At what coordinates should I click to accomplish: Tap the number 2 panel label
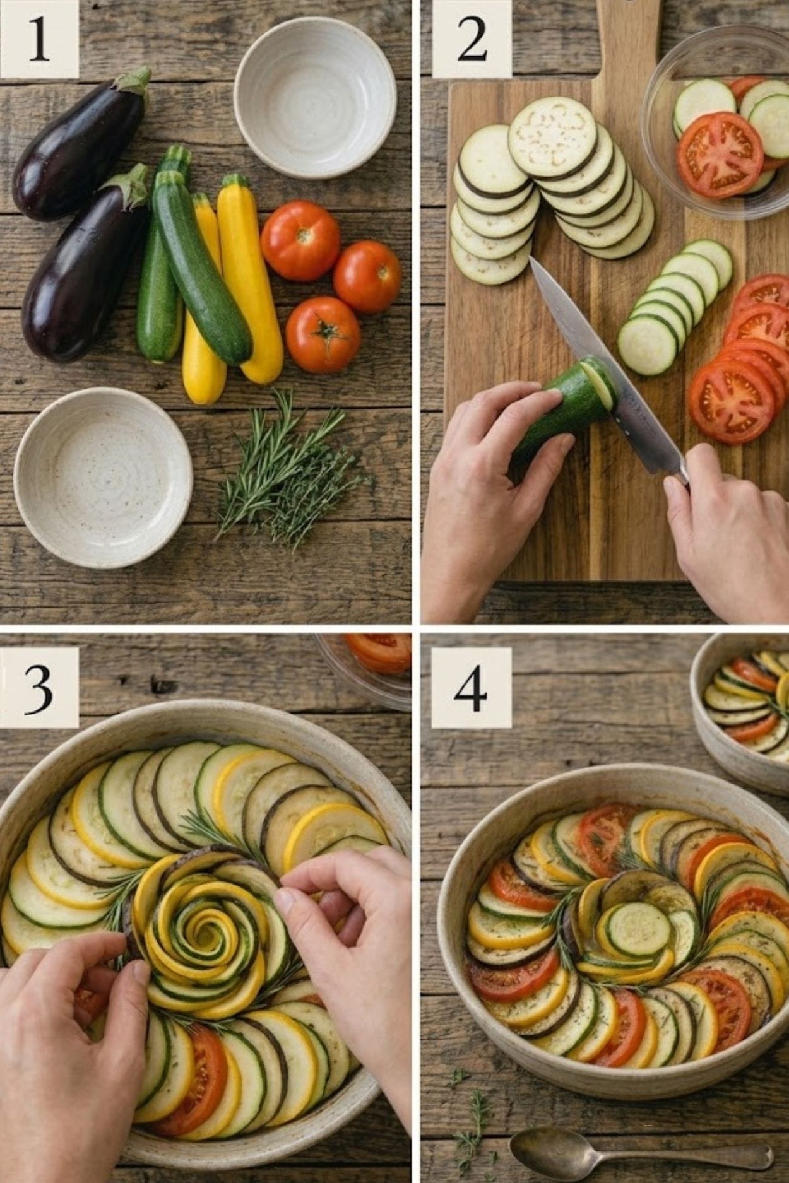(472, 40)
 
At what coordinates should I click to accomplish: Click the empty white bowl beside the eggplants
(315, 97)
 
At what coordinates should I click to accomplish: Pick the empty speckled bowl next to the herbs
(103, 478)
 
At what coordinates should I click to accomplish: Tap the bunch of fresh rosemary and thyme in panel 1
(287, 469)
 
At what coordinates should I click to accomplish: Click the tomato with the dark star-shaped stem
(323, 335)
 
